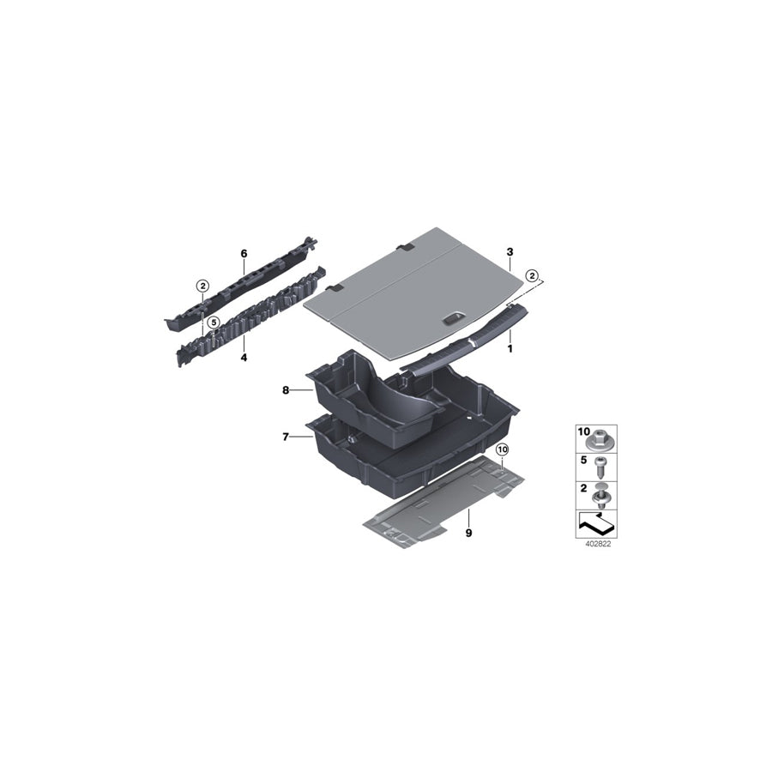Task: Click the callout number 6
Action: [x=244, y=253]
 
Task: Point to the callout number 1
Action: [x=510, y=349]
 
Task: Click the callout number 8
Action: [x=286, y=390]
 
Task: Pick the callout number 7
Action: [x=286, y=437]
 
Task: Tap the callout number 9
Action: [x=468, y=534]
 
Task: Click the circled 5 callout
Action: [x=214, y=322]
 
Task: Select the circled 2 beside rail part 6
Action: [x=202, y=286]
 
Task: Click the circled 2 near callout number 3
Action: [x=532, y=275]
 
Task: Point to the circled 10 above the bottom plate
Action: [x=502, y=449]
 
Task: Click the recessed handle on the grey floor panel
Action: [x=453, y=319]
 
